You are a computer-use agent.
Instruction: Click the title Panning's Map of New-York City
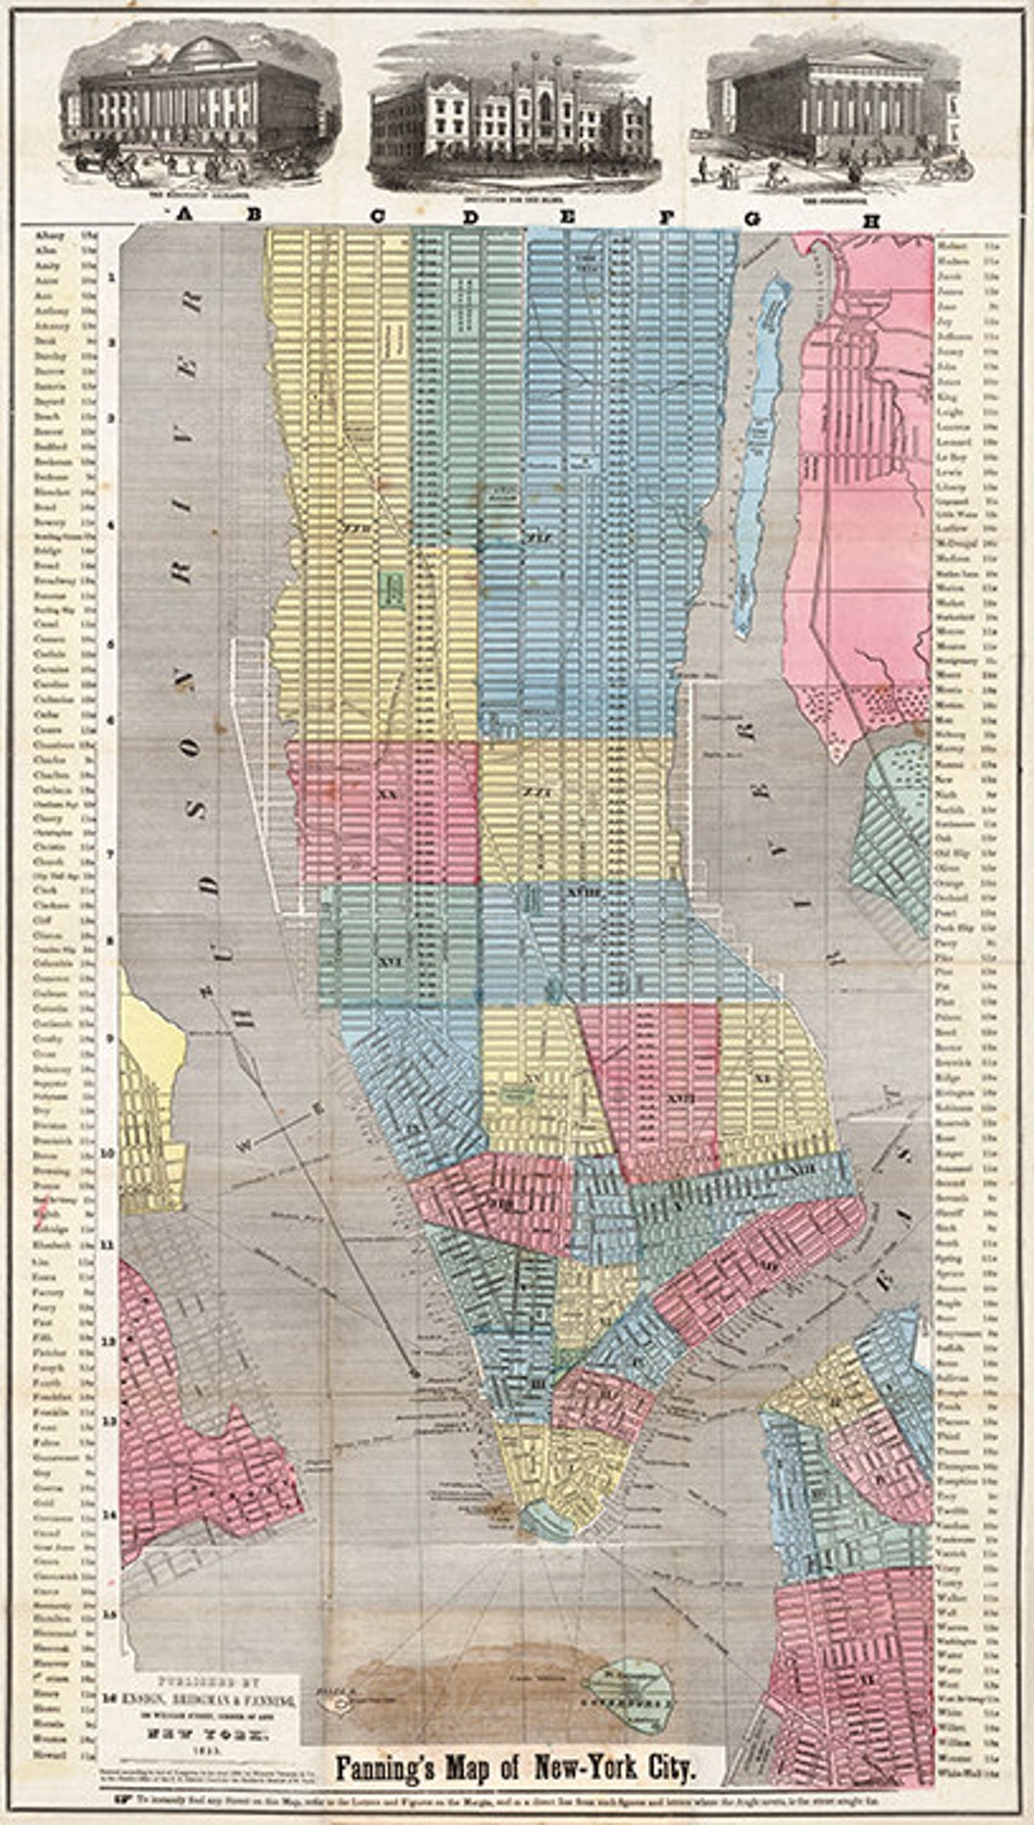[x=513, y=1767]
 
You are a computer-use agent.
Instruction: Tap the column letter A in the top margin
[x=185, y=216]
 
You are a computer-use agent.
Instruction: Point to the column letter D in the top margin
[x=470, y=217]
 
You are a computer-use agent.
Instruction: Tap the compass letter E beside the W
[x=321, y=1108]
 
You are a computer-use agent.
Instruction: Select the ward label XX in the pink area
[x=387, y=794]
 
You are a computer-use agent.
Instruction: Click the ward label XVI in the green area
[x=388, y=962]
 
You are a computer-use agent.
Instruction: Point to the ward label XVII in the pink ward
[x=677, y=1097]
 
